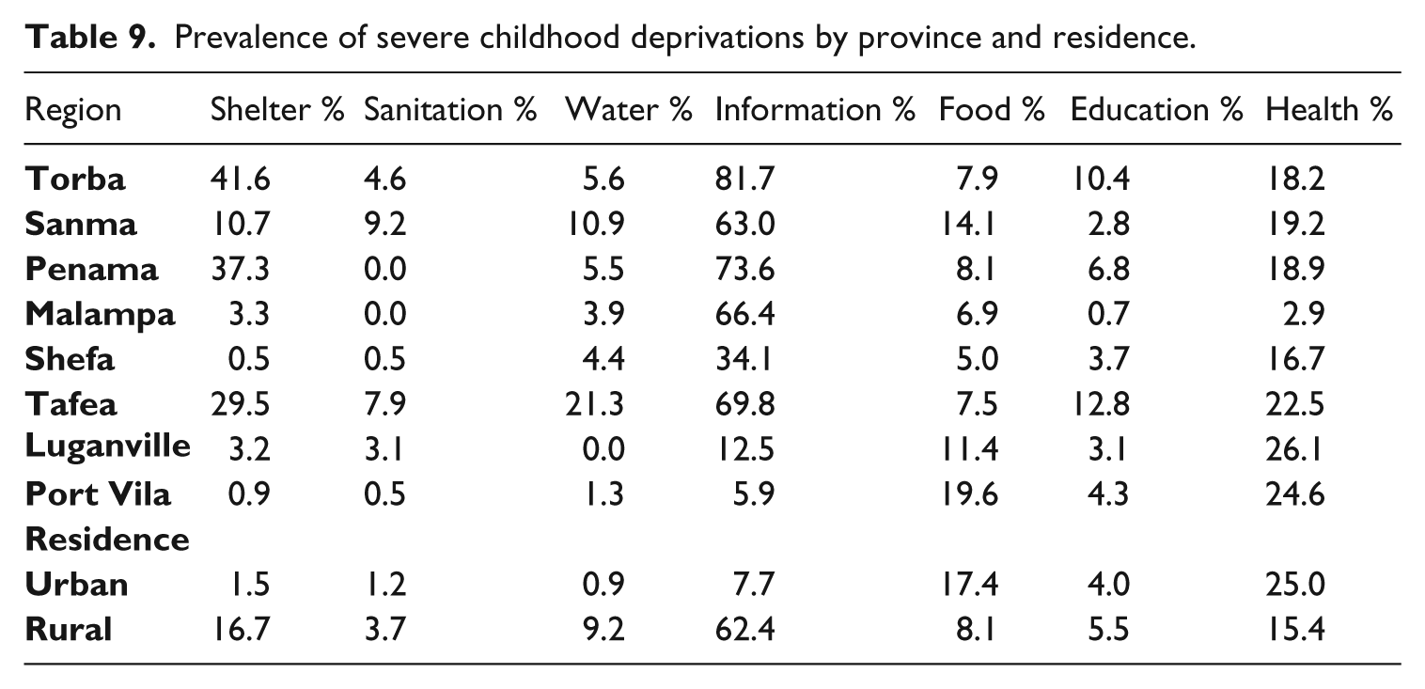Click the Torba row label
75,179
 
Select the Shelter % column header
277,109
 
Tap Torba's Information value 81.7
745,179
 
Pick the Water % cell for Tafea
595,404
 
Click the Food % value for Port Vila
969,494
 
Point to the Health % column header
1329,109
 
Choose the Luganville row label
107,446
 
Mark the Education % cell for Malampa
1109,314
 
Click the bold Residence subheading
107,540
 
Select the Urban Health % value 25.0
1295,585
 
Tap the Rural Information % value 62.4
745,630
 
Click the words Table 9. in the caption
90,38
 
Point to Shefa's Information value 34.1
744,359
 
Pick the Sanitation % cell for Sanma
384,224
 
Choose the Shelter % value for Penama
241,269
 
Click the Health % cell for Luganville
1294,450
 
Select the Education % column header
1156,109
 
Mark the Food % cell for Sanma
968,224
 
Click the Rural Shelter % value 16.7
242,630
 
